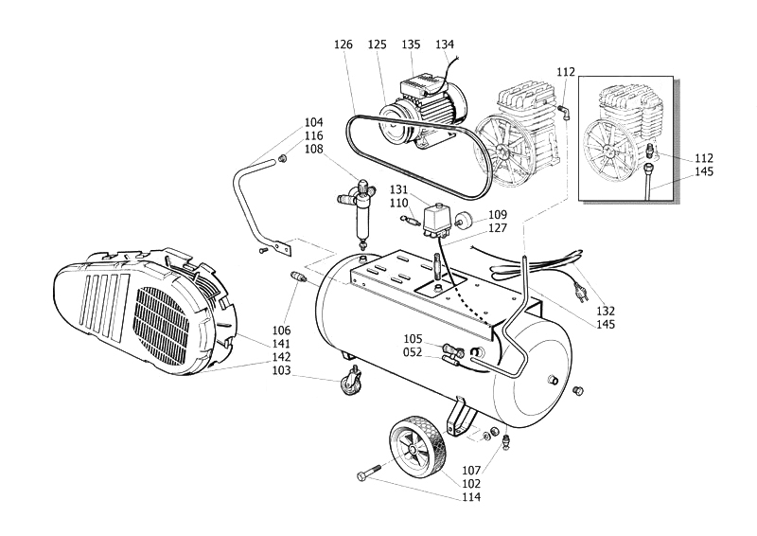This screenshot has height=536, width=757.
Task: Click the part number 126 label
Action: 343,45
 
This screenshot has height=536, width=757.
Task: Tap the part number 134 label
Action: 444,45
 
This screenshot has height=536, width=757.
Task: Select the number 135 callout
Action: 411,45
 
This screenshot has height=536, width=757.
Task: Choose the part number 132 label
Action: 605,311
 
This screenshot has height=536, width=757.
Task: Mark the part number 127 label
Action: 498,227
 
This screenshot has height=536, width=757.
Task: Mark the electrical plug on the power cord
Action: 579,281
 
